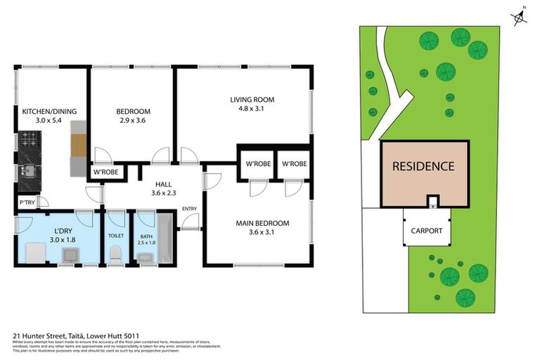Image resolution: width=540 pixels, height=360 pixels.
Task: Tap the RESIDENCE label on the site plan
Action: (x=423, y=167)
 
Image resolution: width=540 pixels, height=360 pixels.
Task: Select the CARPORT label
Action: (x=426, y=231)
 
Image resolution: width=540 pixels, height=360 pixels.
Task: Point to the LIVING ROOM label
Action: (x=252, y=99)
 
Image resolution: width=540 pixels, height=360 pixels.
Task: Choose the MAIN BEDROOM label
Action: (x=262, y=224)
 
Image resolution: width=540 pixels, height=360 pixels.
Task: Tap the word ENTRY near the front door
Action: (x=189, y=208)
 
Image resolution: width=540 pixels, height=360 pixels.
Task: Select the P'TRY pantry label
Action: (x=26, y=204)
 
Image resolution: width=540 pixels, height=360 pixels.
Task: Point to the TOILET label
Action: (x=115, y=236)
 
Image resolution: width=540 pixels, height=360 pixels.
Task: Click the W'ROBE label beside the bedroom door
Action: (x=106, y=172)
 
